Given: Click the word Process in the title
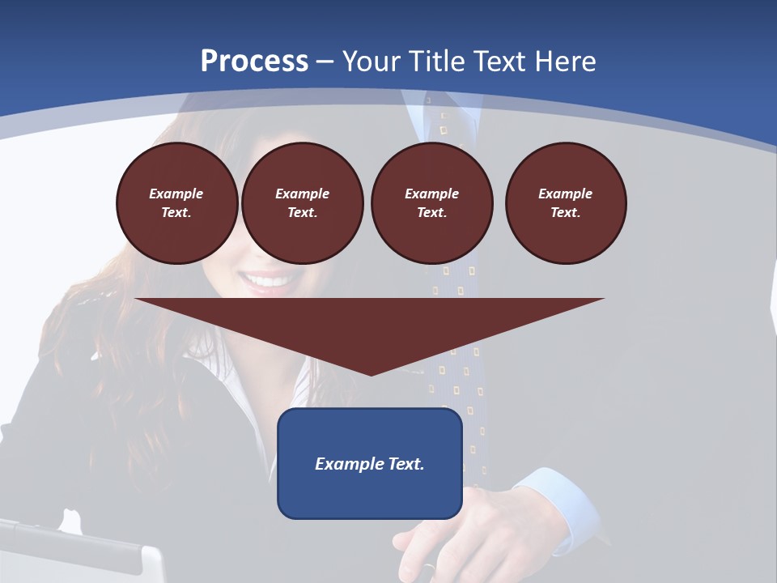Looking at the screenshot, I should [254, 62].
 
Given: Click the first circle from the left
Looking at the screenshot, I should [176, 203].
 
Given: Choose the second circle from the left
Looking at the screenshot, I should [302, 203].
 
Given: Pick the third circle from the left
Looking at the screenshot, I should [431, 203].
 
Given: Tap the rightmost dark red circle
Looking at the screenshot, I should [565, 203].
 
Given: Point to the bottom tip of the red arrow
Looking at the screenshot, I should [371, 373].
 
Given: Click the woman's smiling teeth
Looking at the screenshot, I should [270, 282].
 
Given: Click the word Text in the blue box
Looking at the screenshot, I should [406, 464].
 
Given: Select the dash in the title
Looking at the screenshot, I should [325, 62].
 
